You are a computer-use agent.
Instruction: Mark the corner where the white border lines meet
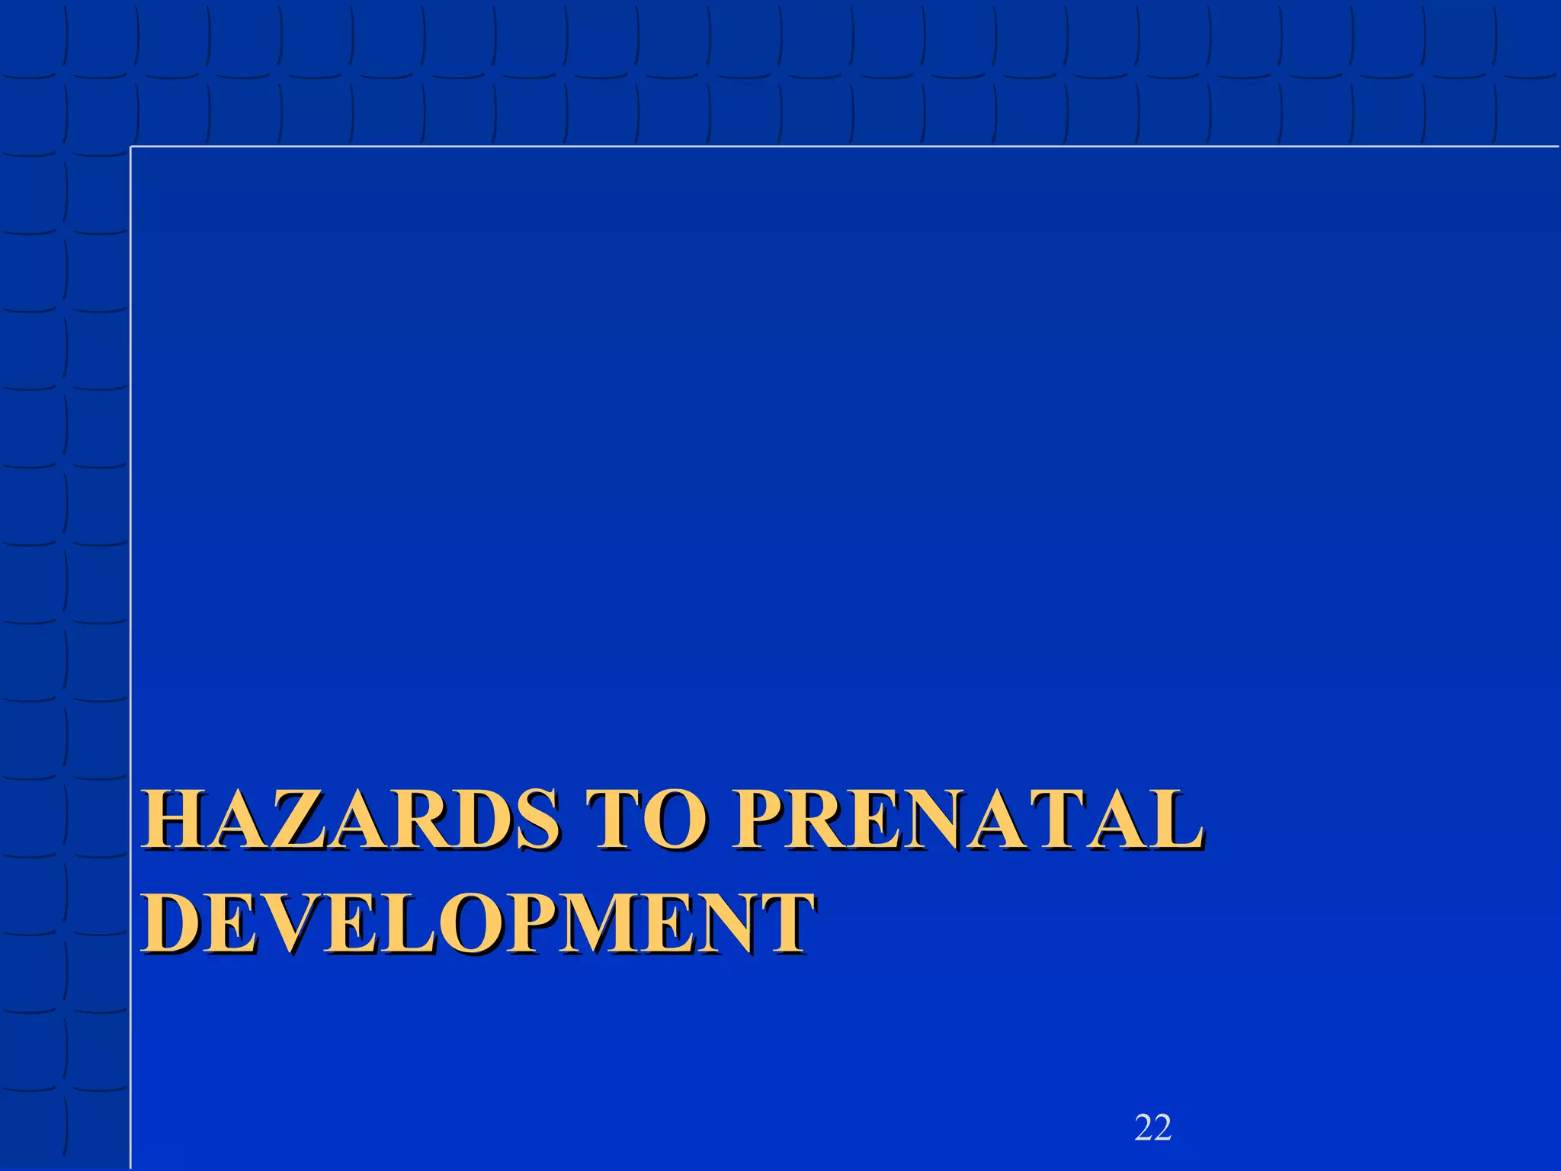tap(131, 146)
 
